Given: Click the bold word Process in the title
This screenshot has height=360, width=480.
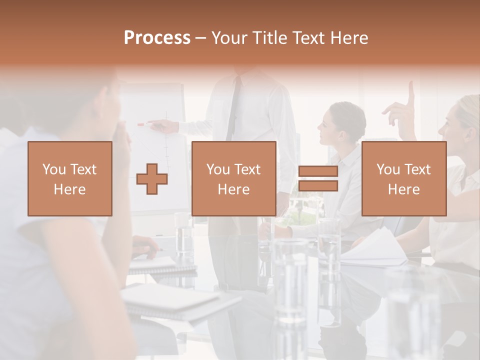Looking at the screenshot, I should tap(157, 38).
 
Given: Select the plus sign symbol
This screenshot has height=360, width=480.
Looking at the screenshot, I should tap(152, 179).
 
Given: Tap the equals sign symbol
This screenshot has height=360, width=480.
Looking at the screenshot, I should tap(318, 179).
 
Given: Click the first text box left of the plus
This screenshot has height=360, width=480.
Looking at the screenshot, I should tap(70, 179).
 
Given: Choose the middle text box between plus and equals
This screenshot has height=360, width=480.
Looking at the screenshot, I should tap(233, 179).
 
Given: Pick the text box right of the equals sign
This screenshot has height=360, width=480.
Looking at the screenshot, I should tap(403, 179).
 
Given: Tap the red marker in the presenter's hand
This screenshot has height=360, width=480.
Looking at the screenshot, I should tap(141, 124).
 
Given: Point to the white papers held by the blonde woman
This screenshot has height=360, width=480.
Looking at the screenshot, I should tap(380, 247).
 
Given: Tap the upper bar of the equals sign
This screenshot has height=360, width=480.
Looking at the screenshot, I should tap(318, 172).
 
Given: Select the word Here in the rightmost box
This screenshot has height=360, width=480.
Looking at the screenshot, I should tap(403, 189).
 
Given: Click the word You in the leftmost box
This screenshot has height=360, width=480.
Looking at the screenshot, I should tap(54, 169).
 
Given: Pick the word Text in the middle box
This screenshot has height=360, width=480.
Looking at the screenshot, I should tap(247, 169).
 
